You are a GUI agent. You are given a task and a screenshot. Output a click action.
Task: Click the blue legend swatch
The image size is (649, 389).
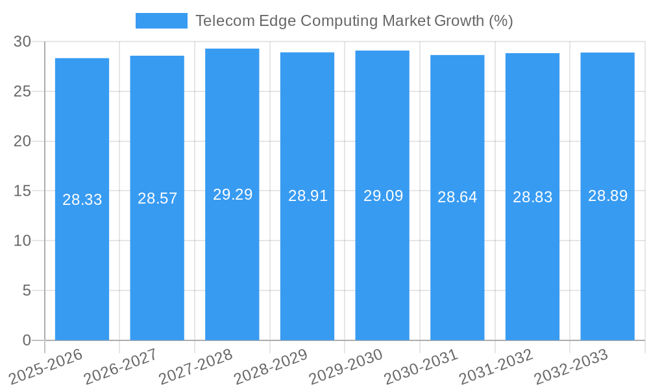click(x=161, y=21)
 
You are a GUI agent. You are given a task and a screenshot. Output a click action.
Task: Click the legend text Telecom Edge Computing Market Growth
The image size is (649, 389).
click(x=354, y=21)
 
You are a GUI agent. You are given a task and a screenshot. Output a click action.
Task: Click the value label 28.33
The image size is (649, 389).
click(x=82, y=200)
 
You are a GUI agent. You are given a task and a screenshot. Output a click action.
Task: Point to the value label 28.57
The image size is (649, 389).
click(x=157, y=198)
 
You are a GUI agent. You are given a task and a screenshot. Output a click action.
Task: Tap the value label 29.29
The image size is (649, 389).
click(x=232, y=194)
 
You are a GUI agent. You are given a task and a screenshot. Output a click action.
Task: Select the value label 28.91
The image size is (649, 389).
click(x=308, y=196)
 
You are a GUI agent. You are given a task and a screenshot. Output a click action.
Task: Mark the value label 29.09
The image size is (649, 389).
click(x=383, y=196)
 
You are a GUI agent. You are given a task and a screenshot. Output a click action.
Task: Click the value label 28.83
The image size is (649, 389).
click(x=532, y=197)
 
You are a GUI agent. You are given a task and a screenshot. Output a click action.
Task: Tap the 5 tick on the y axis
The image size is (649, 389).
click(x=27, y=290)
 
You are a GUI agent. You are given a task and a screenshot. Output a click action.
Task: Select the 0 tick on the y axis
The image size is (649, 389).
click(x=27, y=340)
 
